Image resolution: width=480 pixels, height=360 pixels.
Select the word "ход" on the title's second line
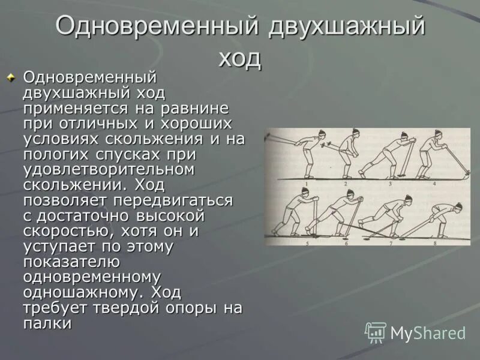click(x=240, y=58)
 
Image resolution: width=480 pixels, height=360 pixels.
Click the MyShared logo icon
click(x=376, y=332)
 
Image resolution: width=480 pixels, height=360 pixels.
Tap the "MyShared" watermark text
click(x=428, y=333)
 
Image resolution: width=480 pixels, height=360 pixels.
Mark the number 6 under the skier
click(x=347, y=243)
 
